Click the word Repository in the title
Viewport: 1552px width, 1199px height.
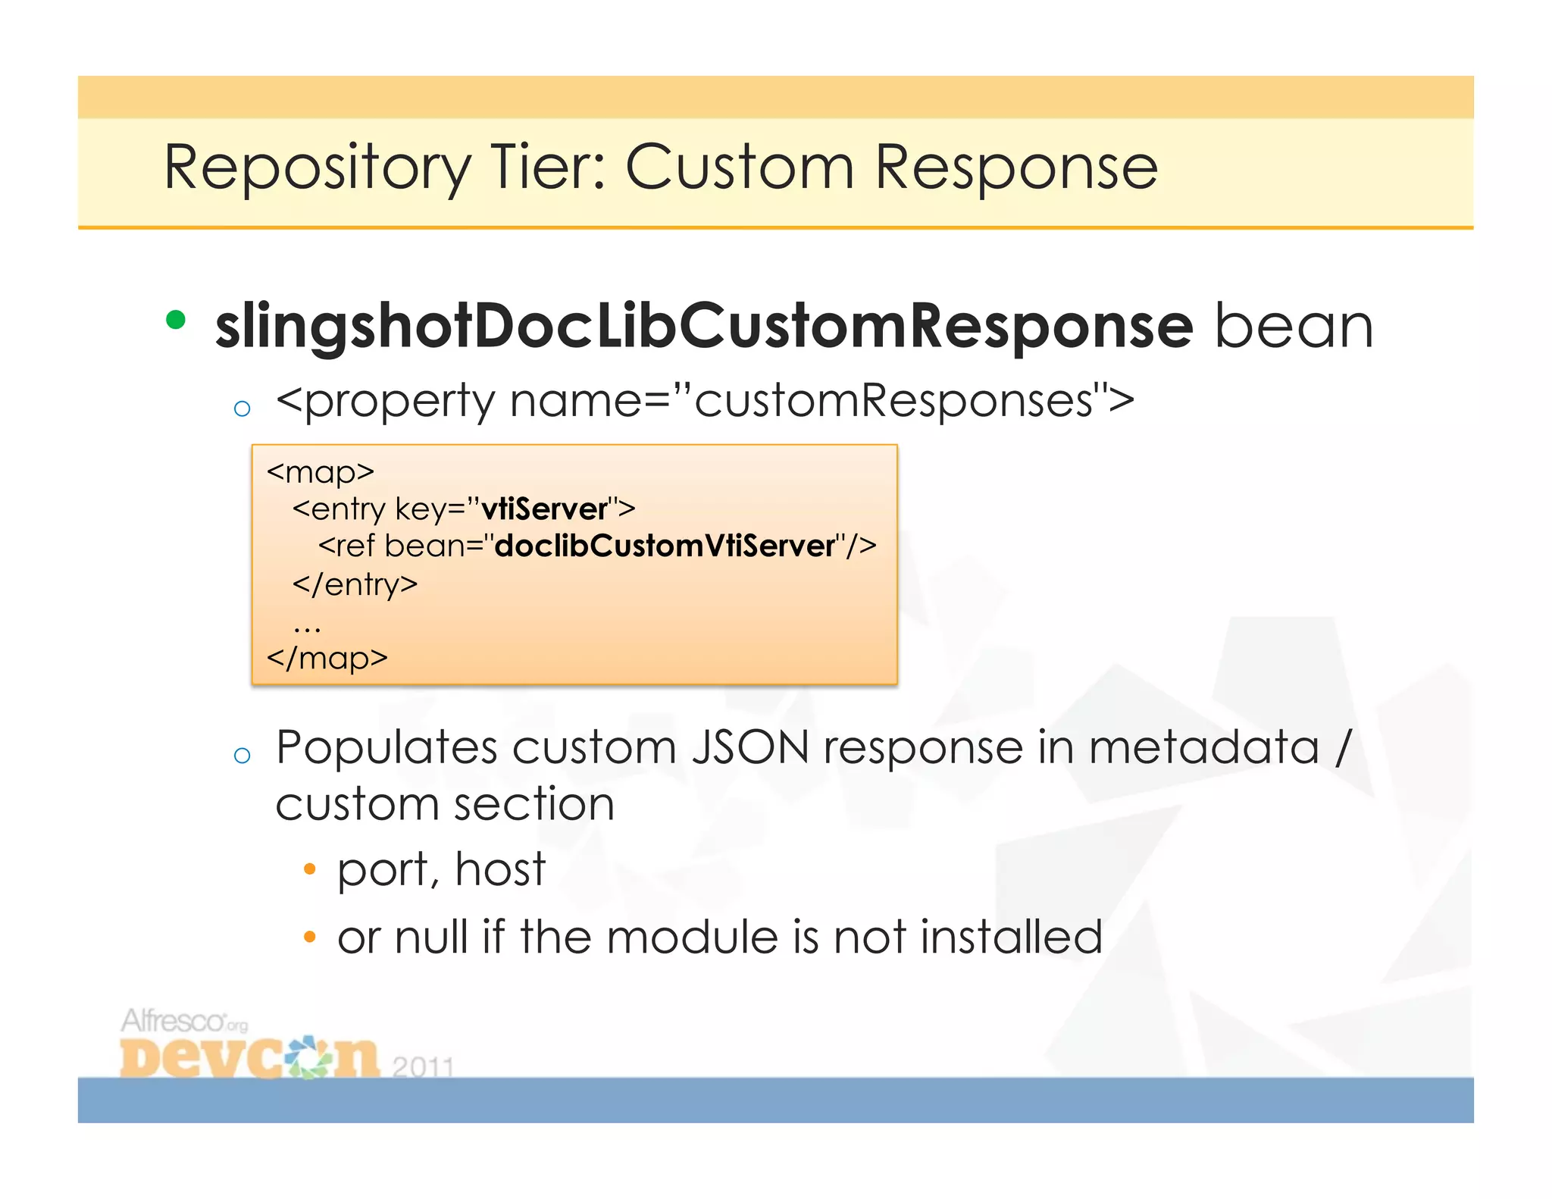click(317, 168)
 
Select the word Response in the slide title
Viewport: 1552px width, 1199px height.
click(1015, 168)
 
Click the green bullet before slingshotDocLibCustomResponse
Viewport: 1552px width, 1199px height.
click(176, 320)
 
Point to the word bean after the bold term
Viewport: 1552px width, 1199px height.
click(1293, 326)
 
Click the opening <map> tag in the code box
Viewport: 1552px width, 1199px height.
click(321, 472)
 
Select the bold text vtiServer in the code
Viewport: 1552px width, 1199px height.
click(544, 509)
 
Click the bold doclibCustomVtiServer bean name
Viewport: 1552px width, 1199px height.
click(665, 546)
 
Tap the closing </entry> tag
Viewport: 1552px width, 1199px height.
click(355, 584)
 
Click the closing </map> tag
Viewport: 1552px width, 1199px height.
click(327, 657)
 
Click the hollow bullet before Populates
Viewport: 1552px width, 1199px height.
click(242, 755)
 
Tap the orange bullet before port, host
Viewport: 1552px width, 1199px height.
click(308, 869)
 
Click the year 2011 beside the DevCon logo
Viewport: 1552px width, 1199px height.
click(423, 1066)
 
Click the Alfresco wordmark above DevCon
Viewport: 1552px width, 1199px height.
click(174, 1021)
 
